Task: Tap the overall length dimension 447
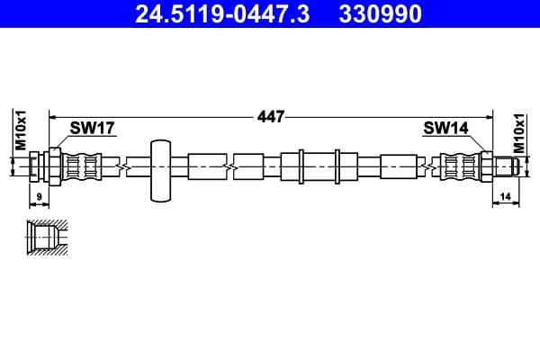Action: (270, 116)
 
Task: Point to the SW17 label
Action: (93, 129)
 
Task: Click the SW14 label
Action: (445, 129)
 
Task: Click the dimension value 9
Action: (38, 196)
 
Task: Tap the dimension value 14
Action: (505, 196)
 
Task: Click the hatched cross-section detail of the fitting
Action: (45, 238)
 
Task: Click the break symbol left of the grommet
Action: (121, 166)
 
